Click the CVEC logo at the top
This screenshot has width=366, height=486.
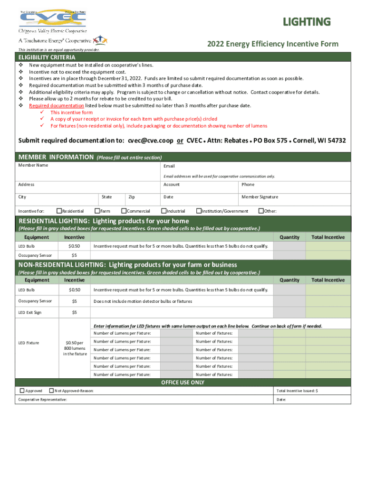(x=52, y=19)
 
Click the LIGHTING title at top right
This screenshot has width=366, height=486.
(x=307, y=22)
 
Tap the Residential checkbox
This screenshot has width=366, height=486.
(x=59, y=211)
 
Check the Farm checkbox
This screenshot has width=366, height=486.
(x=97, y=211)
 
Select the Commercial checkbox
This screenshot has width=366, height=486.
(x=124, y=211)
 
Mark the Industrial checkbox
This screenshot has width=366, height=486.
(x=164, y=211)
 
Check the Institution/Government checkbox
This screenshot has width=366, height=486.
(x=199, y=211)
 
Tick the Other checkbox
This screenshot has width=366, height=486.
(x=260, y=211)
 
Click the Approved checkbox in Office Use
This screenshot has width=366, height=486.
(x=22, y=391)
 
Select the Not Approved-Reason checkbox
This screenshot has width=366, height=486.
(x=51, y=391)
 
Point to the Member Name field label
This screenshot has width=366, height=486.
(x=33, y=165)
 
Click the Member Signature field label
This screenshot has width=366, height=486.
(x=260, y=197)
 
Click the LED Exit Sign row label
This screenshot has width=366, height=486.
(x=29, y=312)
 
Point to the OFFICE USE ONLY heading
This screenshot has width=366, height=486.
(x=183, y=383)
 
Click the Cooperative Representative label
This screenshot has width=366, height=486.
(x=42, y=400)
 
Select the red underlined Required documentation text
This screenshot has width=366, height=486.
(x=57, y=105)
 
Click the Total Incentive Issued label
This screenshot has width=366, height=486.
(x=297, y=391)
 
